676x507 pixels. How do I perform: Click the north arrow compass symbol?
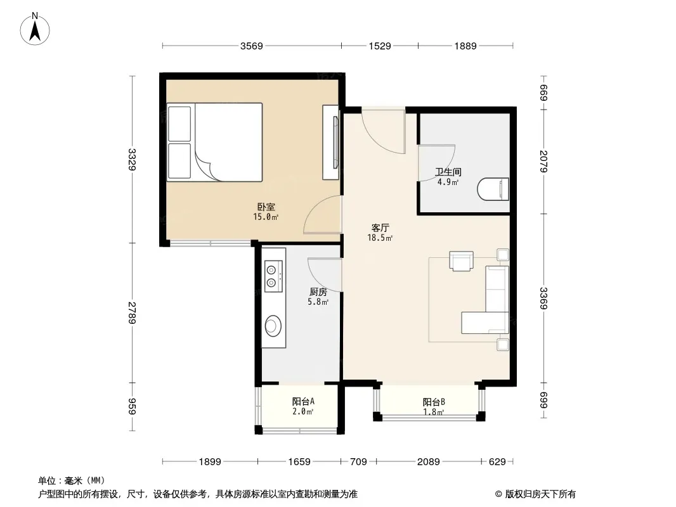click(x=35, y=29)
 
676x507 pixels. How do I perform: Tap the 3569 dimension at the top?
click(x=251, y=46)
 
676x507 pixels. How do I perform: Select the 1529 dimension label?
click(x=380, y=46)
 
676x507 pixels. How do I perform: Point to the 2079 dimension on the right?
click(x=543, y=161)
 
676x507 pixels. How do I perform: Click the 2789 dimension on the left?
click(x=132, y=312)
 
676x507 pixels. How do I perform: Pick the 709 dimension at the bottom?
click(x=358, y=462)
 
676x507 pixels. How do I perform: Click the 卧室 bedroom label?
click(x=266, y=207)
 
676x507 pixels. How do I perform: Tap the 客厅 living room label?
click(x=380, y=228)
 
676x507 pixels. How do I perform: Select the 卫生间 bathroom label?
click(x=448, y=172)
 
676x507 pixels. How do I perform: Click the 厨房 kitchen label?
click(x=318, y=292)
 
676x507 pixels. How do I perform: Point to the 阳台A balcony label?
click(x=303, y=401)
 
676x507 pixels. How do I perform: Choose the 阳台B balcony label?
click(x=434, y=402)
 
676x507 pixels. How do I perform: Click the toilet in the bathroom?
click(x=493, y=189)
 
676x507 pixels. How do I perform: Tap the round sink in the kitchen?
click(x=273, y=325)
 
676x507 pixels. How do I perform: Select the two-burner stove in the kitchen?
click(x=273, y=276)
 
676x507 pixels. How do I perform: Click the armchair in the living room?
click(x=461, y=260)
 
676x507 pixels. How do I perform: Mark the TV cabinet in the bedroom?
click(x=331, y=142)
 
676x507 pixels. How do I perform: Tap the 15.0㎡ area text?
click(x=266, y=217)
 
